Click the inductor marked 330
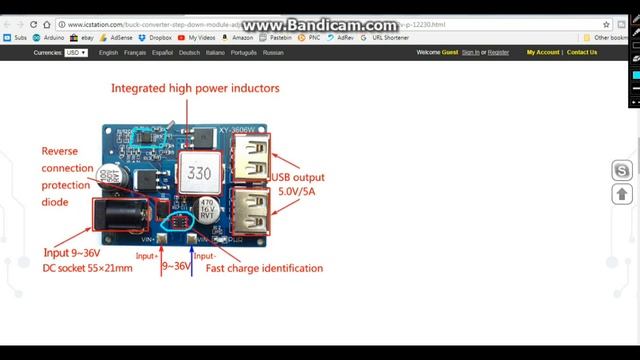coord(199,173)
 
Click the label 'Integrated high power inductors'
coord(195,88)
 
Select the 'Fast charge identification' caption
coord(264,268)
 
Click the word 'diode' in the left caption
coord(55,202)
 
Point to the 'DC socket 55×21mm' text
coord(87,268)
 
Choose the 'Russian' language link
coord(272,52)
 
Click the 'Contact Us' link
coord(581,52)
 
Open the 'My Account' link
coord(543,52)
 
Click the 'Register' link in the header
coord(498,52)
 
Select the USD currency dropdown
coord(76,52)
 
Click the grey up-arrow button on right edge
coord(622,194)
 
